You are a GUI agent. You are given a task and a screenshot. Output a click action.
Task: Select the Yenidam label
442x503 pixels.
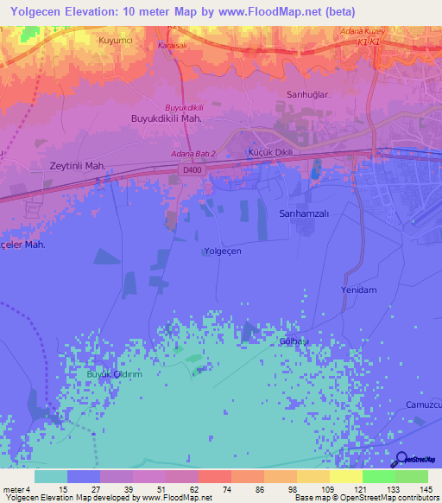click(359, 290)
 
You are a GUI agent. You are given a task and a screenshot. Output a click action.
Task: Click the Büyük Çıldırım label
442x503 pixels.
click(113, 374)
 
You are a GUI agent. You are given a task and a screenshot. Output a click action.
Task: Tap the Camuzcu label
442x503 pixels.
click(423, 404)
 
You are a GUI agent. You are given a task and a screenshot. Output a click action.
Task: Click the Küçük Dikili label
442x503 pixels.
click(272, 152)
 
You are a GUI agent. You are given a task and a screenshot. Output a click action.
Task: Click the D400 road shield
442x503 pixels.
click(193, 171)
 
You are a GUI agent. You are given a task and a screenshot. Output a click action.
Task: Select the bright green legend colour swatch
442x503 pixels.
click(378, 476)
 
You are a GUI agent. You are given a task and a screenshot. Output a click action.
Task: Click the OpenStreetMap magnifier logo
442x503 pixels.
click(399, 459)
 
